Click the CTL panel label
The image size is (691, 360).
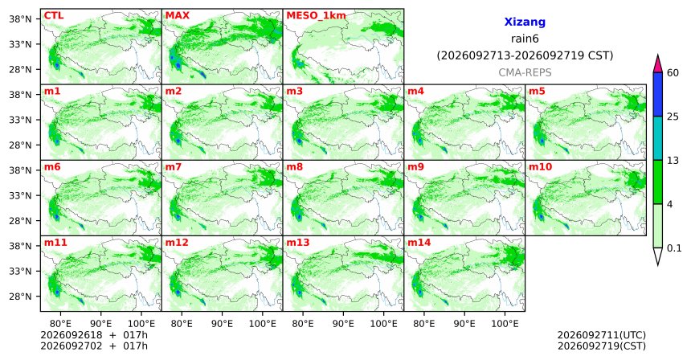coord(54,16)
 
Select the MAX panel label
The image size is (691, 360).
coord(177,16)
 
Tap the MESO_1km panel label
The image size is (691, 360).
coord(316,16)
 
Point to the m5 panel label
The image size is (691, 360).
coord(537,92)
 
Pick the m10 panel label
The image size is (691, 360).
coord(540,167)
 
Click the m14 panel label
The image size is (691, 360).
coord(419,243)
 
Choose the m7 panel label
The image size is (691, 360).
coord(174,167)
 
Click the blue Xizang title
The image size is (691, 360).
coord(525,22)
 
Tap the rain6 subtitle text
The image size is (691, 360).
coord(525,39)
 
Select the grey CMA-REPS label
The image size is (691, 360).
coord(525,72)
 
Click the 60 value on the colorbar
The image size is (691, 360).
coord(673,72)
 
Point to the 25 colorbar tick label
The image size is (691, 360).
coord(673,117)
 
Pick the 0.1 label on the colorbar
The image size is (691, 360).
coord(674,248)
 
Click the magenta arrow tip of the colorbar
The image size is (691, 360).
coord(658,56)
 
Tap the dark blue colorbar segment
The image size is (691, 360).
coord(658,94)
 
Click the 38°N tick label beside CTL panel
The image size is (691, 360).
coord(20,19)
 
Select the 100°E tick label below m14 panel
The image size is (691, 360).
coord(505,325)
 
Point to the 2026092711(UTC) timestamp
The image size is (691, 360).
coord(602,336)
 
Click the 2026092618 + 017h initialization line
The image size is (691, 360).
coord(94,336)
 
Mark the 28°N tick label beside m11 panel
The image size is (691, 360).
coord(20,297)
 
